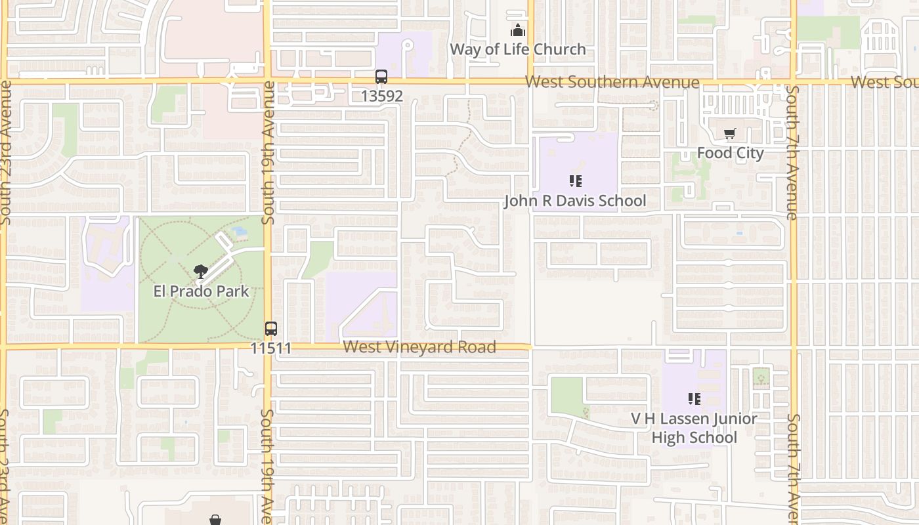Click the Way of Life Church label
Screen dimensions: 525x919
click(x=517, y=49)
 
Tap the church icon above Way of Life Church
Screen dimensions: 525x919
click(x=518, y=31)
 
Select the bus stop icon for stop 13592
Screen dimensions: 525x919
click(x=381, y=77)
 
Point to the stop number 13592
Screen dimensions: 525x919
click(x=381, y=96)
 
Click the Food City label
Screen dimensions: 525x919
click(x=730, y=153)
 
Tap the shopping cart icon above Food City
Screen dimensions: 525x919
click(x=729, y=134)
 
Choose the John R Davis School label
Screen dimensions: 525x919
click(x=575, y=201)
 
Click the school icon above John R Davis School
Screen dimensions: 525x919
click(x=576, y=181)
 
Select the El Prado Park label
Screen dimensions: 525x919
click(x=201, y=291)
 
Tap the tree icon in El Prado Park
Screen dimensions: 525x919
click(x=201, y=272)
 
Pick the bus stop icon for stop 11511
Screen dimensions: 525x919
click(x=270, y=329)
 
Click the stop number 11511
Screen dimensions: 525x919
click(x=270, y=347)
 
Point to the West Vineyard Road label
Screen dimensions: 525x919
click(x=419, y=346)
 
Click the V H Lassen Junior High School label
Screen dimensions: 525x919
click(x=694, y=428)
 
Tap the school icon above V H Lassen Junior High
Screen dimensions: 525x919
click(x=694, y=399)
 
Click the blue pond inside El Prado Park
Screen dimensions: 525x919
click(x=240, y=231)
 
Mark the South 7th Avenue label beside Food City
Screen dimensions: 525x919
click(x=792, y=152)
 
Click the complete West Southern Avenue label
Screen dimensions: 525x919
click(x=612, y=82)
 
